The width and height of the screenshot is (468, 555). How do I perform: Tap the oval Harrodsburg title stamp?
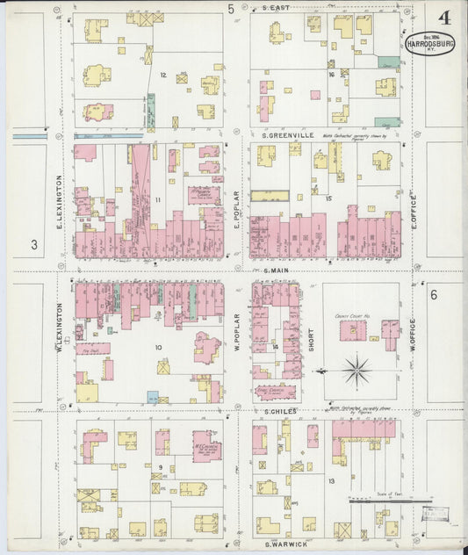[428, 43]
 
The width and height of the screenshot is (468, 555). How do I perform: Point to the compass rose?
[356, 371]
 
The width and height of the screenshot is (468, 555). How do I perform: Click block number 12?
[163, 75]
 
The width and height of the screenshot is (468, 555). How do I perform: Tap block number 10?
[159, 348]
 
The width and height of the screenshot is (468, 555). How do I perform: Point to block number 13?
[331, 481]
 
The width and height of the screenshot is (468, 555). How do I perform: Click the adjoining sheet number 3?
[34, 245]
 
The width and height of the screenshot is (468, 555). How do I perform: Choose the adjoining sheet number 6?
[433, 296]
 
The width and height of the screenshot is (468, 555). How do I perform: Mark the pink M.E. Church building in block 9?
[206, 446]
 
